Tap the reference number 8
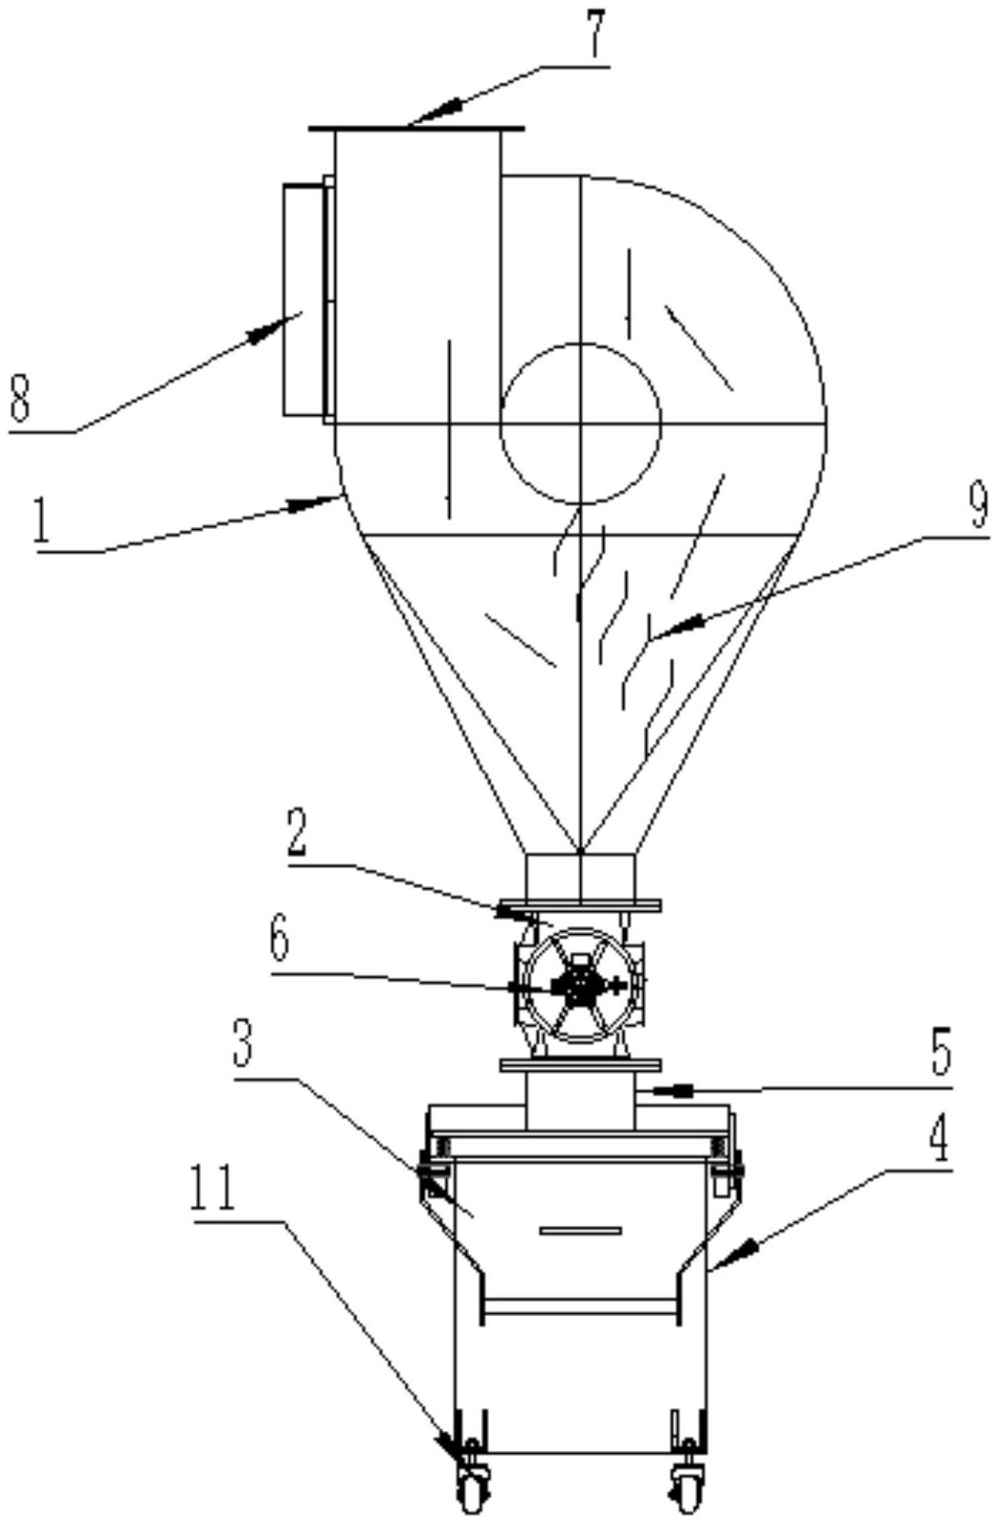point(19,400)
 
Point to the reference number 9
point(979,507)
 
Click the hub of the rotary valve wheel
point(578,984)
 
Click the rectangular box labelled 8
point(304,298)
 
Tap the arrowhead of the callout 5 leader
point(672,1091)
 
